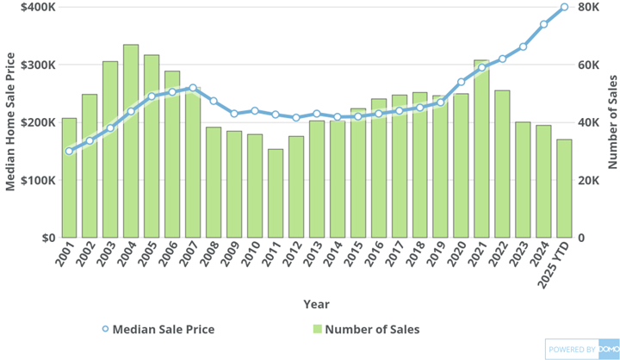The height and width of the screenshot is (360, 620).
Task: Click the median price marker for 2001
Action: tap(69, 151)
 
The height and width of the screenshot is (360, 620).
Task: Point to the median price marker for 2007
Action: tap(193, 88)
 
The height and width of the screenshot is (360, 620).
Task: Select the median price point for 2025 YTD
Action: tap(564, 7)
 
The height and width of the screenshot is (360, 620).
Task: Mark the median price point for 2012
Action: tap(296, 118)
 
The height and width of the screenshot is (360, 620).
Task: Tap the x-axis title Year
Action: tap(316, 304)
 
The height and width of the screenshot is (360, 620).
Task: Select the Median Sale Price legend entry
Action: tap(158, 329)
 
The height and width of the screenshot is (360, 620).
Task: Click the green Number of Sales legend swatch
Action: tap(318, 329)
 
